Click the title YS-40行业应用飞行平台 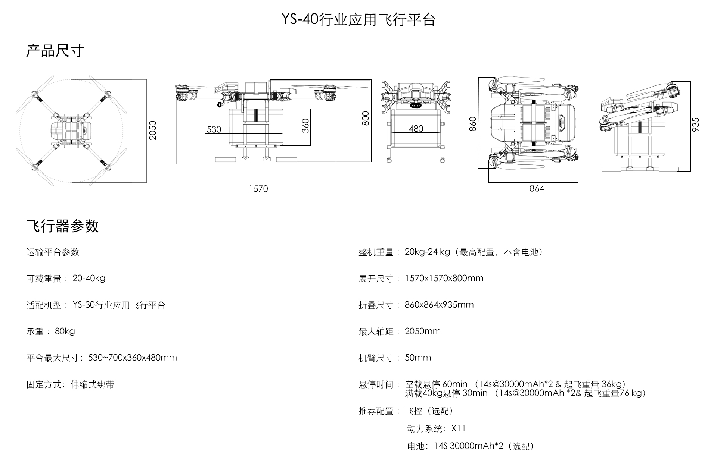pyautogui.click(x=358, y=20)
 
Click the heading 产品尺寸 pyautogui.click(x=55, y=51)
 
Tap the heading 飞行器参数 pyautogui.click(x=62, y=226)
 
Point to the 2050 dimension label pyautogui.click(x=152, y=131)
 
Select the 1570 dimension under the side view pyautogui.click(x=258, y=189)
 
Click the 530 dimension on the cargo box pyautogui.click(x=214, y=129)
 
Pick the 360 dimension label pyautogui.click(x=305, y=126)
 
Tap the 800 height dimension pyautogui.click(x=366, y=119)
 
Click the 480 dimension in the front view pyautogui.click(x=416, y=129)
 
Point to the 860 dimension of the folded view pyautogui.click(x=473, y=124)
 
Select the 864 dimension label pyautogui.click(x=537, y=189)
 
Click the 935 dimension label pyautogui.click(x=695, y=124)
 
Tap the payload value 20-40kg pyautogui.click(x=89, y=279)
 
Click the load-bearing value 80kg pyautogui.click(x=65, y=331)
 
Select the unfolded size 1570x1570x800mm pyautogui.click(x=444, y=278)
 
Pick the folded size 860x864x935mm pyautogui.click(x=439, y=305)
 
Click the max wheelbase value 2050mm pyautogui.click(x=423, y=331)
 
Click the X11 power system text pyautogui.click(x=458, y=428)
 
